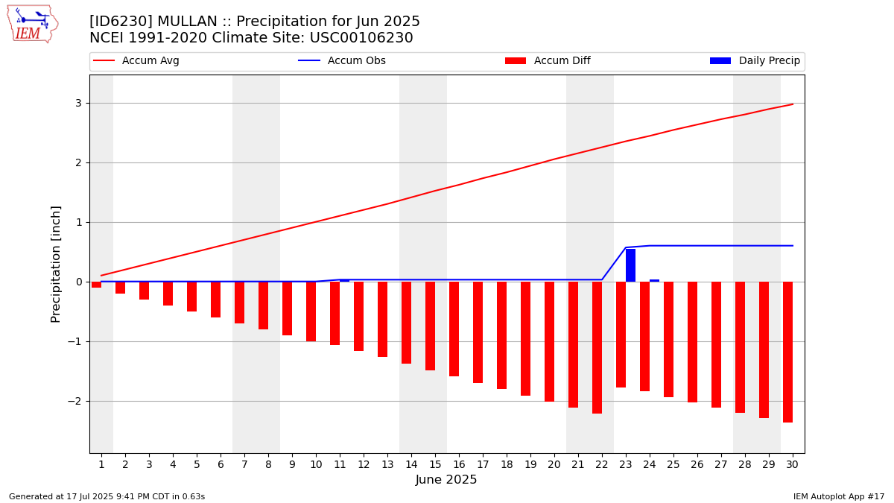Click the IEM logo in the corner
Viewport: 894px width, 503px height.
click(x=33, y=24)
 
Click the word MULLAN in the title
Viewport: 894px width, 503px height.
click(x=187, y=21)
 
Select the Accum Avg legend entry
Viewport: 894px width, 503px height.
click(x=136, y=60)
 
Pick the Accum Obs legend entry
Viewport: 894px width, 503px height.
click(x=342, y=60)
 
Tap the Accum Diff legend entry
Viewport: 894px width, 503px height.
click(x=548, y=60)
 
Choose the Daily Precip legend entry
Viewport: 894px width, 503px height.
click(x=755, y=60)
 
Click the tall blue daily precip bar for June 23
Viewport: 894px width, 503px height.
click(x=630, y=265)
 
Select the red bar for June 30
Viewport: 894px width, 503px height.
click(x=788, y=352)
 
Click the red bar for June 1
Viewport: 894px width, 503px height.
click(x=97, y=285)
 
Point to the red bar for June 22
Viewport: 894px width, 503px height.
click(x=597, y=348)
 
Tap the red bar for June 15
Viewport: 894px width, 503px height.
click(x=431, y=326)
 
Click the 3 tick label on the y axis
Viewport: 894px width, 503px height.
click(x=78, y=104)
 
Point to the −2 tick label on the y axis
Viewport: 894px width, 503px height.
click(x=74, y=401)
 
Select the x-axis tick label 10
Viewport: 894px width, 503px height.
click(x=316, y=465)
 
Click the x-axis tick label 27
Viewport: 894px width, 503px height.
click(x=721, y=465)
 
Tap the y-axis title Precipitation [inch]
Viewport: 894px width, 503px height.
click(x=55, y=265)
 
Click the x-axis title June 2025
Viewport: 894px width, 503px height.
click(x=446, y=479)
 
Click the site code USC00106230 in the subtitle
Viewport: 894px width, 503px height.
click(x=361, y=38)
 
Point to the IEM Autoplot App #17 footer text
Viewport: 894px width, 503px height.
click(x=839, y=496)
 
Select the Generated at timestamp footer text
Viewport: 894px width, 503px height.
click(x=107, y=496)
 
